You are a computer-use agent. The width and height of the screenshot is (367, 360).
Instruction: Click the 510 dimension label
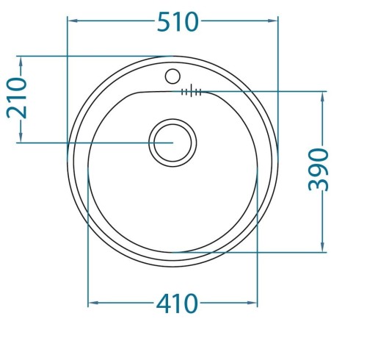[178, 21]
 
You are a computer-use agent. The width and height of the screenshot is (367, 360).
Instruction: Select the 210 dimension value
[17, 98]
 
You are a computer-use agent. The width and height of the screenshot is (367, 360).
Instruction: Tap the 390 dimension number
[319, 169]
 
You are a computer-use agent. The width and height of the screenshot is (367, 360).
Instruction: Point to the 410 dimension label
[177, 303]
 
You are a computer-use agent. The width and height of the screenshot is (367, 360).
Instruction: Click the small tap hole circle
[172, 76]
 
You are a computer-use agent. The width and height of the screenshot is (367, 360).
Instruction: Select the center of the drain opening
[172, 143]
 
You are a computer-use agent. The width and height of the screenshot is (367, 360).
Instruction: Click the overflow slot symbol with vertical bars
[191, 92]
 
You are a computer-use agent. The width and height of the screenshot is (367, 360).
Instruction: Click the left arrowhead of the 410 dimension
[93, 303]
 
